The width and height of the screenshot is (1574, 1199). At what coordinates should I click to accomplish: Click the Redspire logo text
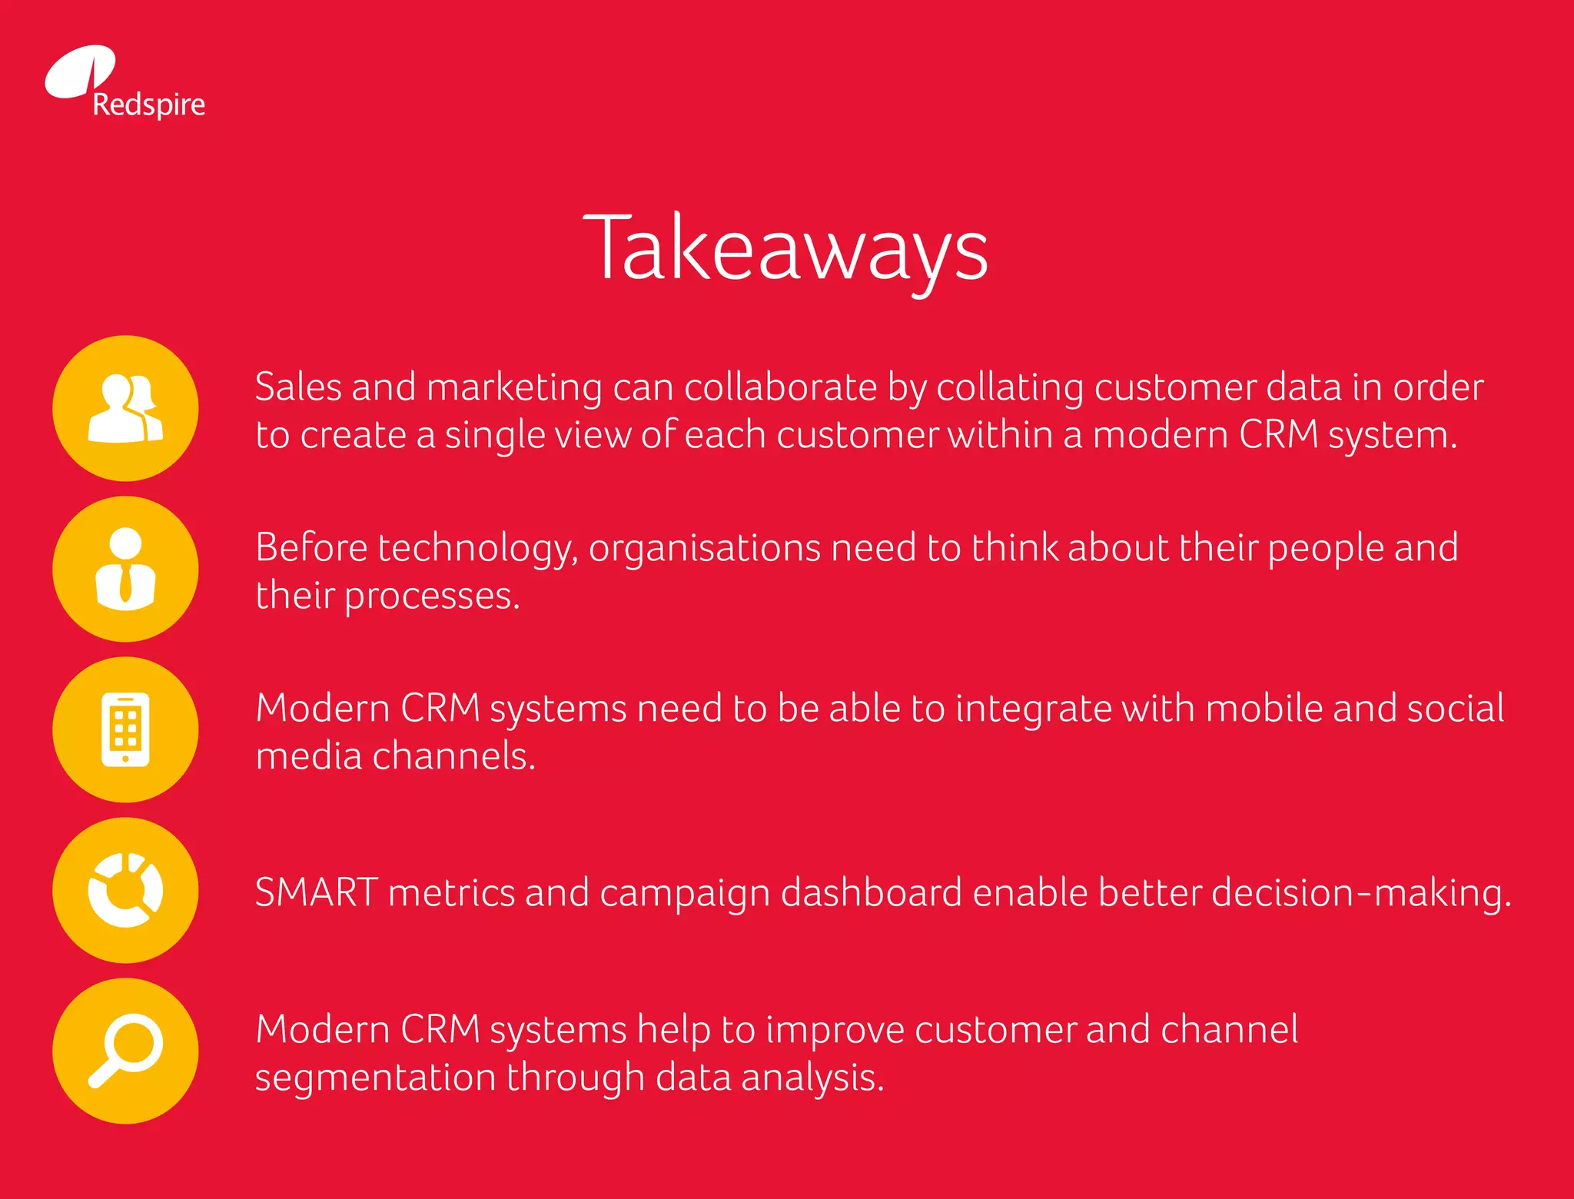click(148, 105)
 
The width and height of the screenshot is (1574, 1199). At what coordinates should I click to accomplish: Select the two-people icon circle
click(125, 408)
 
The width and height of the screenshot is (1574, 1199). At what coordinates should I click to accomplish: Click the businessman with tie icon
click(125, 569)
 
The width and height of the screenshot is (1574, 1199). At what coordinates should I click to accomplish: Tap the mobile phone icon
click(125, 729)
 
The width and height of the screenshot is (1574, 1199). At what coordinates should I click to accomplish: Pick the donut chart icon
click(125, 890)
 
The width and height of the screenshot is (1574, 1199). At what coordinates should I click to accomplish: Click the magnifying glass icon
click(125, 1051)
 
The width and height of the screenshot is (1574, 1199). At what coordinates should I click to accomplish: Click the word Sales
click(297, 387)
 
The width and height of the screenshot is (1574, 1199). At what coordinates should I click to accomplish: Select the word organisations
click(705, 549)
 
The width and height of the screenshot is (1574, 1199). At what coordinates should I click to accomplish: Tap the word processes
click(431, 596)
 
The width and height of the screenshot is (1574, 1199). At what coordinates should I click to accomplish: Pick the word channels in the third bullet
click(453, 756)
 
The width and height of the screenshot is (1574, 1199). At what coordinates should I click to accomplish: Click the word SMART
click(316, 892)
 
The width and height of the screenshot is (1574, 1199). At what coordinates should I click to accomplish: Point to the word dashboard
click(872, 892)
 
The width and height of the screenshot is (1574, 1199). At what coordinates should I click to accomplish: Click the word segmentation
click(375, 1077)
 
